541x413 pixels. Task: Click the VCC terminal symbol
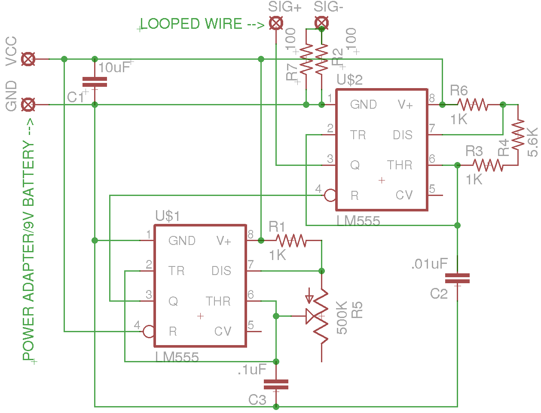(28, 59)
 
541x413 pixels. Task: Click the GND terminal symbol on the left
(28, 104)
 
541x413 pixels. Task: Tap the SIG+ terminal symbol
(276, 23)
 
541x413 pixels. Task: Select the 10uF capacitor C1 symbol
(95, 82)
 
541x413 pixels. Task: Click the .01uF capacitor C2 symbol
(457, 278)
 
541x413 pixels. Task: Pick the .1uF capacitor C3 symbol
(276, 384)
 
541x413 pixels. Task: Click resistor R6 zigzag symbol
(472, 104)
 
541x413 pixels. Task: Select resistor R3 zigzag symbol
(488, 165)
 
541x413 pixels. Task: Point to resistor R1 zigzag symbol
(291, 241)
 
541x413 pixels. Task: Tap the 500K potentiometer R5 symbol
(321, 316)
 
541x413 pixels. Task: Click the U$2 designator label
(349, 80)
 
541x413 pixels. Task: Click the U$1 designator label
(168, 216)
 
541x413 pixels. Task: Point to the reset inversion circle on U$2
(330, 196)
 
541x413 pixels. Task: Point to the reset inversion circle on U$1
(149, 331)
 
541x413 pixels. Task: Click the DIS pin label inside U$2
(402, 135)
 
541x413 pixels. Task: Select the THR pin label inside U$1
(218, 301)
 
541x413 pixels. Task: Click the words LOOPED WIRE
(191, 24)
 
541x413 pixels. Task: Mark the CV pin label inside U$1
(223, 331)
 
